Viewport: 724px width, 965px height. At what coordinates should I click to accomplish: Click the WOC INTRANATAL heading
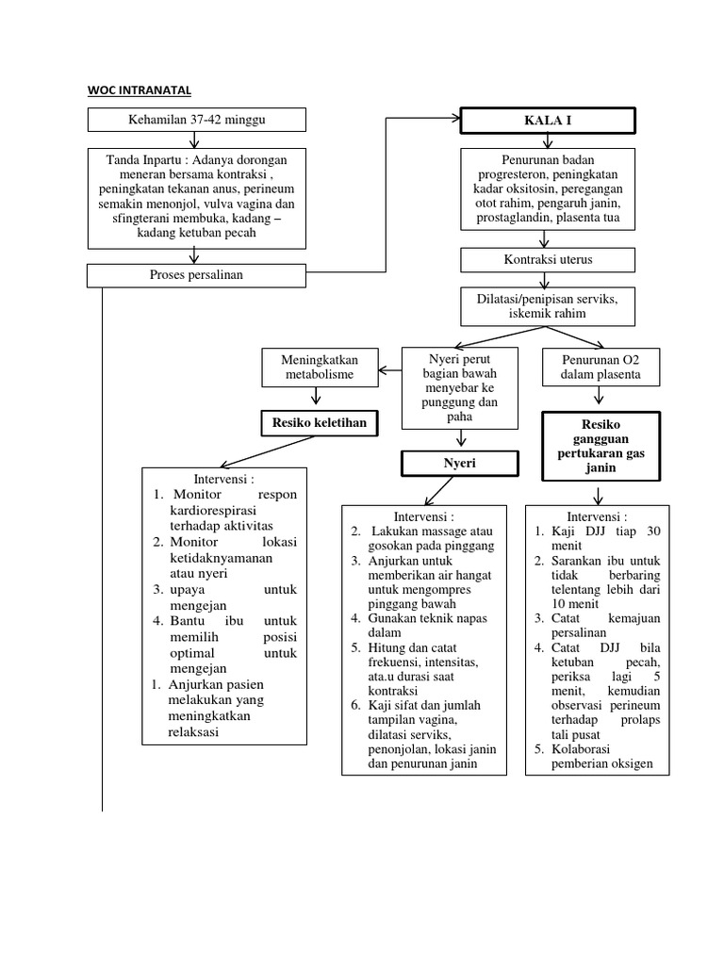pyautogui.click(x=140, y=90)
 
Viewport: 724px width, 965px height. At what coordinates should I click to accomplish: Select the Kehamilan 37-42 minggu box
pyautogui.click(x=196, y=120)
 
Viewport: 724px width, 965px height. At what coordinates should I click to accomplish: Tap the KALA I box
pyautogui.click(x=548, y=121)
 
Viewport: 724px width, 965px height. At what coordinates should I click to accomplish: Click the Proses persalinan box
pyautogui.click(x=196, y=275)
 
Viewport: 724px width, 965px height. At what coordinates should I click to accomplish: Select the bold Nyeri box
pyautogui.click(x=459, y=463)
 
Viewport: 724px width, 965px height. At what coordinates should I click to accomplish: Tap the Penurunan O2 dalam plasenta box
pyautogui.click(x=601, y=367)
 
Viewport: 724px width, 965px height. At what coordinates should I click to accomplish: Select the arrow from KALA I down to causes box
pyautogui.click(x=549, y=139)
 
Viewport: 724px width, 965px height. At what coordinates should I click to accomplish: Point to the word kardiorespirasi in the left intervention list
pyautogui.click(x=216, y=510)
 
